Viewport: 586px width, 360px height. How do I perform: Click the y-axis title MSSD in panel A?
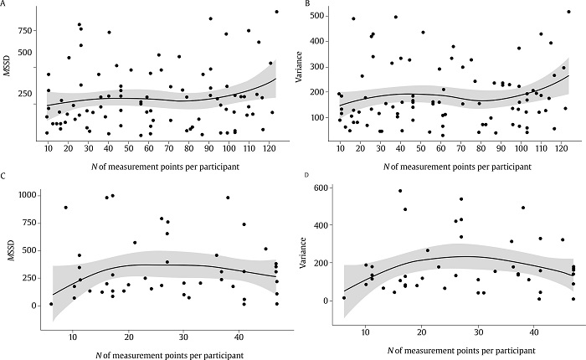pyautogui.click(x=7, y=68)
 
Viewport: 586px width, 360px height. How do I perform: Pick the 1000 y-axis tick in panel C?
pyautogui.click(x=26, y=194)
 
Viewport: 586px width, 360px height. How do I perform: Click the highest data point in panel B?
pyautogui.click(x=568, y=12)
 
